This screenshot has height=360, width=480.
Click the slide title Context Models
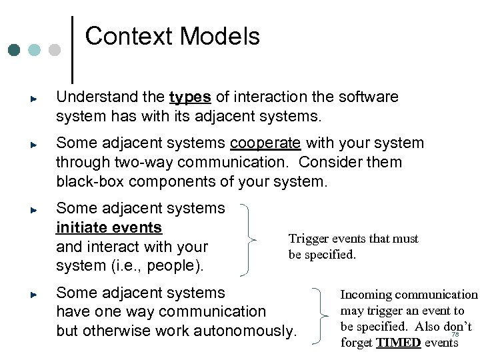click(172, 36)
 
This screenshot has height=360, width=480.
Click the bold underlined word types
click(190, 97)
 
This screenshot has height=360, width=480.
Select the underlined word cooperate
click(265, 143)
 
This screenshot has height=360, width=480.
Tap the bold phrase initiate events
click(109, 227)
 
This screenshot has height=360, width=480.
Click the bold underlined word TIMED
click(398, 343)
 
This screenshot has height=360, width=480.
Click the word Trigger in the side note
click(308, 239)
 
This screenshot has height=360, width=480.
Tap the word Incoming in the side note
click(366, 295)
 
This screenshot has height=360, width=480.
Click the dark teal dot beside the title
click(14, 50)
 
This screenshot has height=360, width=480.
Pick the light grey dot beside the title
click(55, 50)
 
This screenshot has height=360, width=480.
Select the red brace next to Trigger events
click(253, 238)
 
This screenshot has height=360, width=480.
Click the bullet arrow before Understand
click(33, 98)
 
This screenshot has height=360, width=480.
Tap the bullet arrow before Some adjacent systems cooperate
click(33, 144)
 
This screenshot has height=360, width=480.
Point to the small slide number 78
click(455, 335)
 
